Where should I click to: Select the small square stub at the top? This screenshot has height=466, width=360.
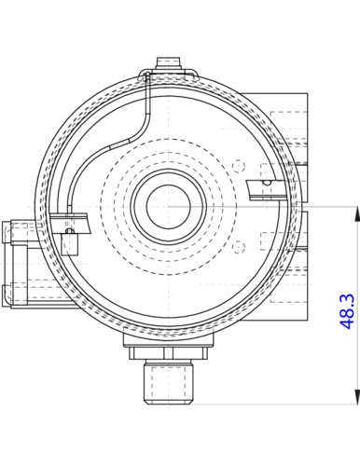coord(168,62)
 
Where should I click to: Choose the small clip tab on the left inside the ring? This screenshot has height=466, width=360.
coord(71,224)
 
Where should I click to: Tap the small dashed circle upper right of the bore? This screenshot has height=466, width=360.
coord(240,165)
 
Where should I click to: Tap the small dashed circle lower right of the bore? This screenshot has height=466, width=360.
coord(240,246)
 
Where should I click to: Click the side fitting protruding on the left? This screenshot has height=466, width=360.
coord(17,265)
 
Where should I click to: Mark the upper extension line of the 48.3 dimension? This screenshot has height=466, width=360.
coord(326,203)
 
